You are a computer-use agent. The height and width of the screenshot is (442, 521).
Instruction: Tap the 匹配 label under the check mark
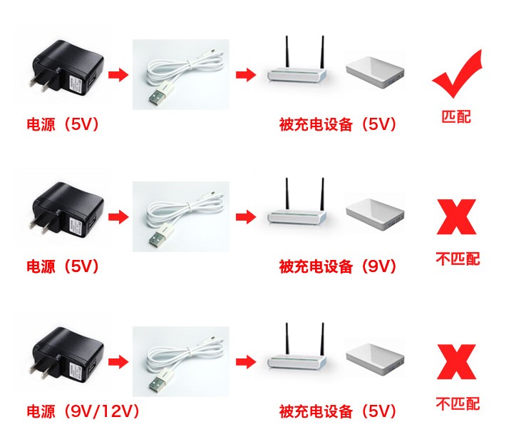(456, 117)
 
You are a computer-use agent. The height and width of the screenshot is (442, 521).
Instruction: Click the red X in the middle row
(457, 217)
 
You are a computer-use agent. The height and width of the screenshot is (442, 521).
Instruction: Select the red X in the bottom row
(457, 362)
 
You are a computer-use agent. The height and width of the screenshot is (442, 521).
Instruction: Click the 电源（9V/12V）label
(83, 411)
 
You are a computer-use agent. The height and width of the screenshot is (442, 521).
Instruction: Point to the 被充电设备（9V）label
(338, 266)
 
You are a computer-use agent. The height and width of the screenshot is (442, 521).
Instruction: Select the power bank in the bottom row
(375, 359)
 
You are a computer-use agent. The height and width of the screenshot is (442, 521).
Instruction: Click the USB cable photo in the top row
(181, 74)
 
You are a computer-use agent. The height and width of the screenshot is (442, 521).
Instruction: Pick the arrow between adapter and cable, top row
(118, 74)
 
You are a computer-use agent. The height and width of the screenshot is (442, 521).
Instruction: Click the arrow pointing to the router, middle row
(246, 217)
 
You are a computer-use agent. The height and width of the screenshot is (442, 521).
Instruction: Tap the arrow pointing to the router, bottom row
(246, 362)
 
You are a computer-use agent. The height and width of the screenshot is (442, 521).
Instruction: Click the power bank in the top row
(375, 72)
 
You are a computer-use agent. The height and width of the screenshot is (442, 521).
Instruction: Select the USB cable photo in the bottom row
(181, 361)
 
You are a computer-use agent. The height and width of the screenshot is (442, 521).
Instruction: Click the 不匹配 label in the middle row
(458, 258)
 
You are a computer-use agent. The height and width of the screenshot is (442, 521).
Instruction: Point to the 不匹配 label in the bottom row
(458, 403)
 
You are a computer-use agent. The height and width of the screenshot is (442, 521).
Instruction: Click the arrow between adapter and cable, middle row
(118, 217)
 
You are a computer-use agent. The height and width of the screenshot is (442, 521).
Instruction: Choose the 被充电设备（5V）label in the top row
(338, 124)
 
